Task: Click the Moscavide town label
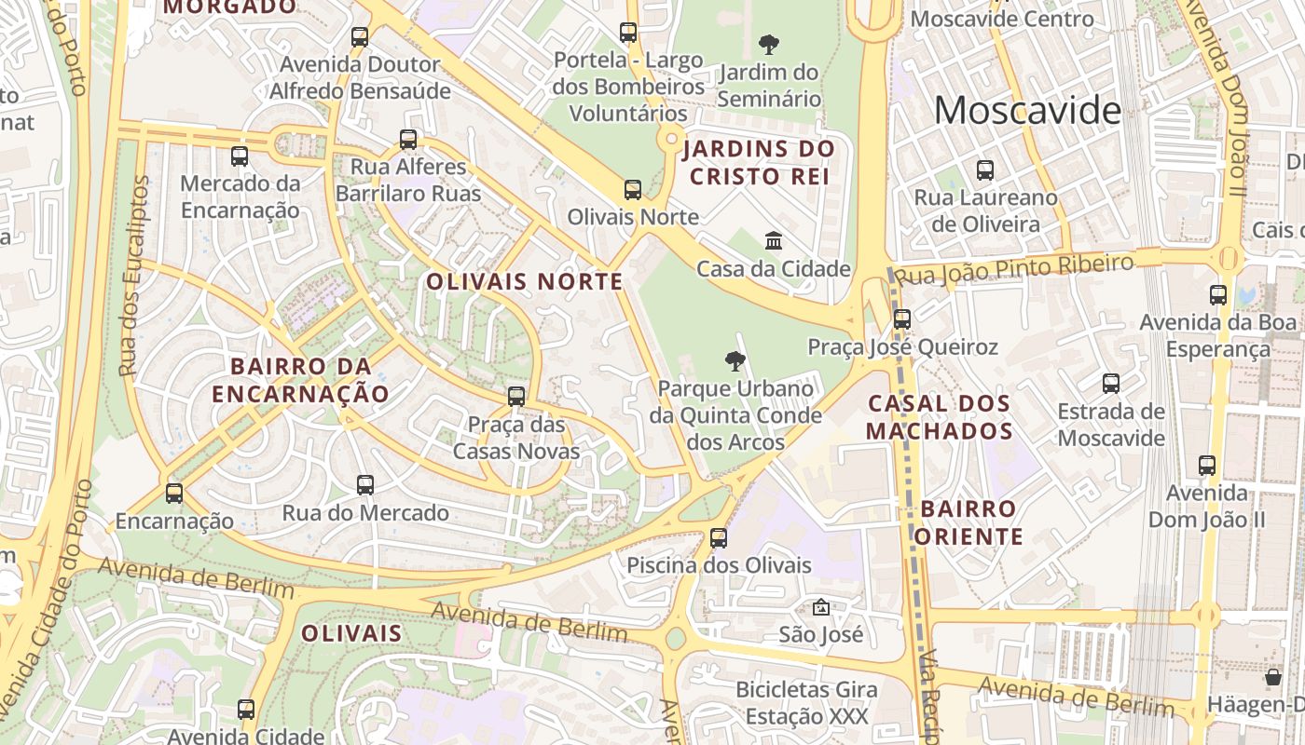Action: [1027, 111]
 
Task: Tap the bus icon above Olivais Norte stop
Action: [633, 190]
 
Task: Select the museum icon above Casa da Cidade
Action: [774, 241]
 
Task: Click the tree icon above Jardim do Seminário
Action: [769, 44]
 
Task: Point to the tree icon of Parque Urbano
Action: [735, 360]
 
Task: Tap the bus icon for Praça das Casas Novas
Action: [516, 397]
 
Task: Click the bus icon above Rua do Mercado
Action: [365, 485]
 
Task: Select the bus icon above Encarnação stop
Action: [174, 494]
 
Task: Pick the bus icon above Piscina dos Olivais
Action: [718, 538]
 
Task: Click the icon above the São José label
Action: [820, 607]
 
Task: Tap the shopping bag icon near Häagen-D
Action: [1273, 677]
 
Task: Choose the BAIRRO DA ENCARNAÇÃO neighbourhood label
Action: [300, 380]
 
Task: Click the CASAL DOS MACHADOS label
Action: [939, 417]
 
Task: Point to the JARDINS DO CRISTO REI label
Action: [758, 162]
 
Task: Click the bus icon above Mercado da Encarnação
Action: [240, 156]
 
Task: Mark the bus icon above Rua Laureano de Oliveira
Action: [985, 170]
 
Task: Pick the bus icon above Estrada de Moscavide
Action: [1111, 384]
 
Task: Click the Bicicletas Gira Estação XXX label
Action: [807, 703]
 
